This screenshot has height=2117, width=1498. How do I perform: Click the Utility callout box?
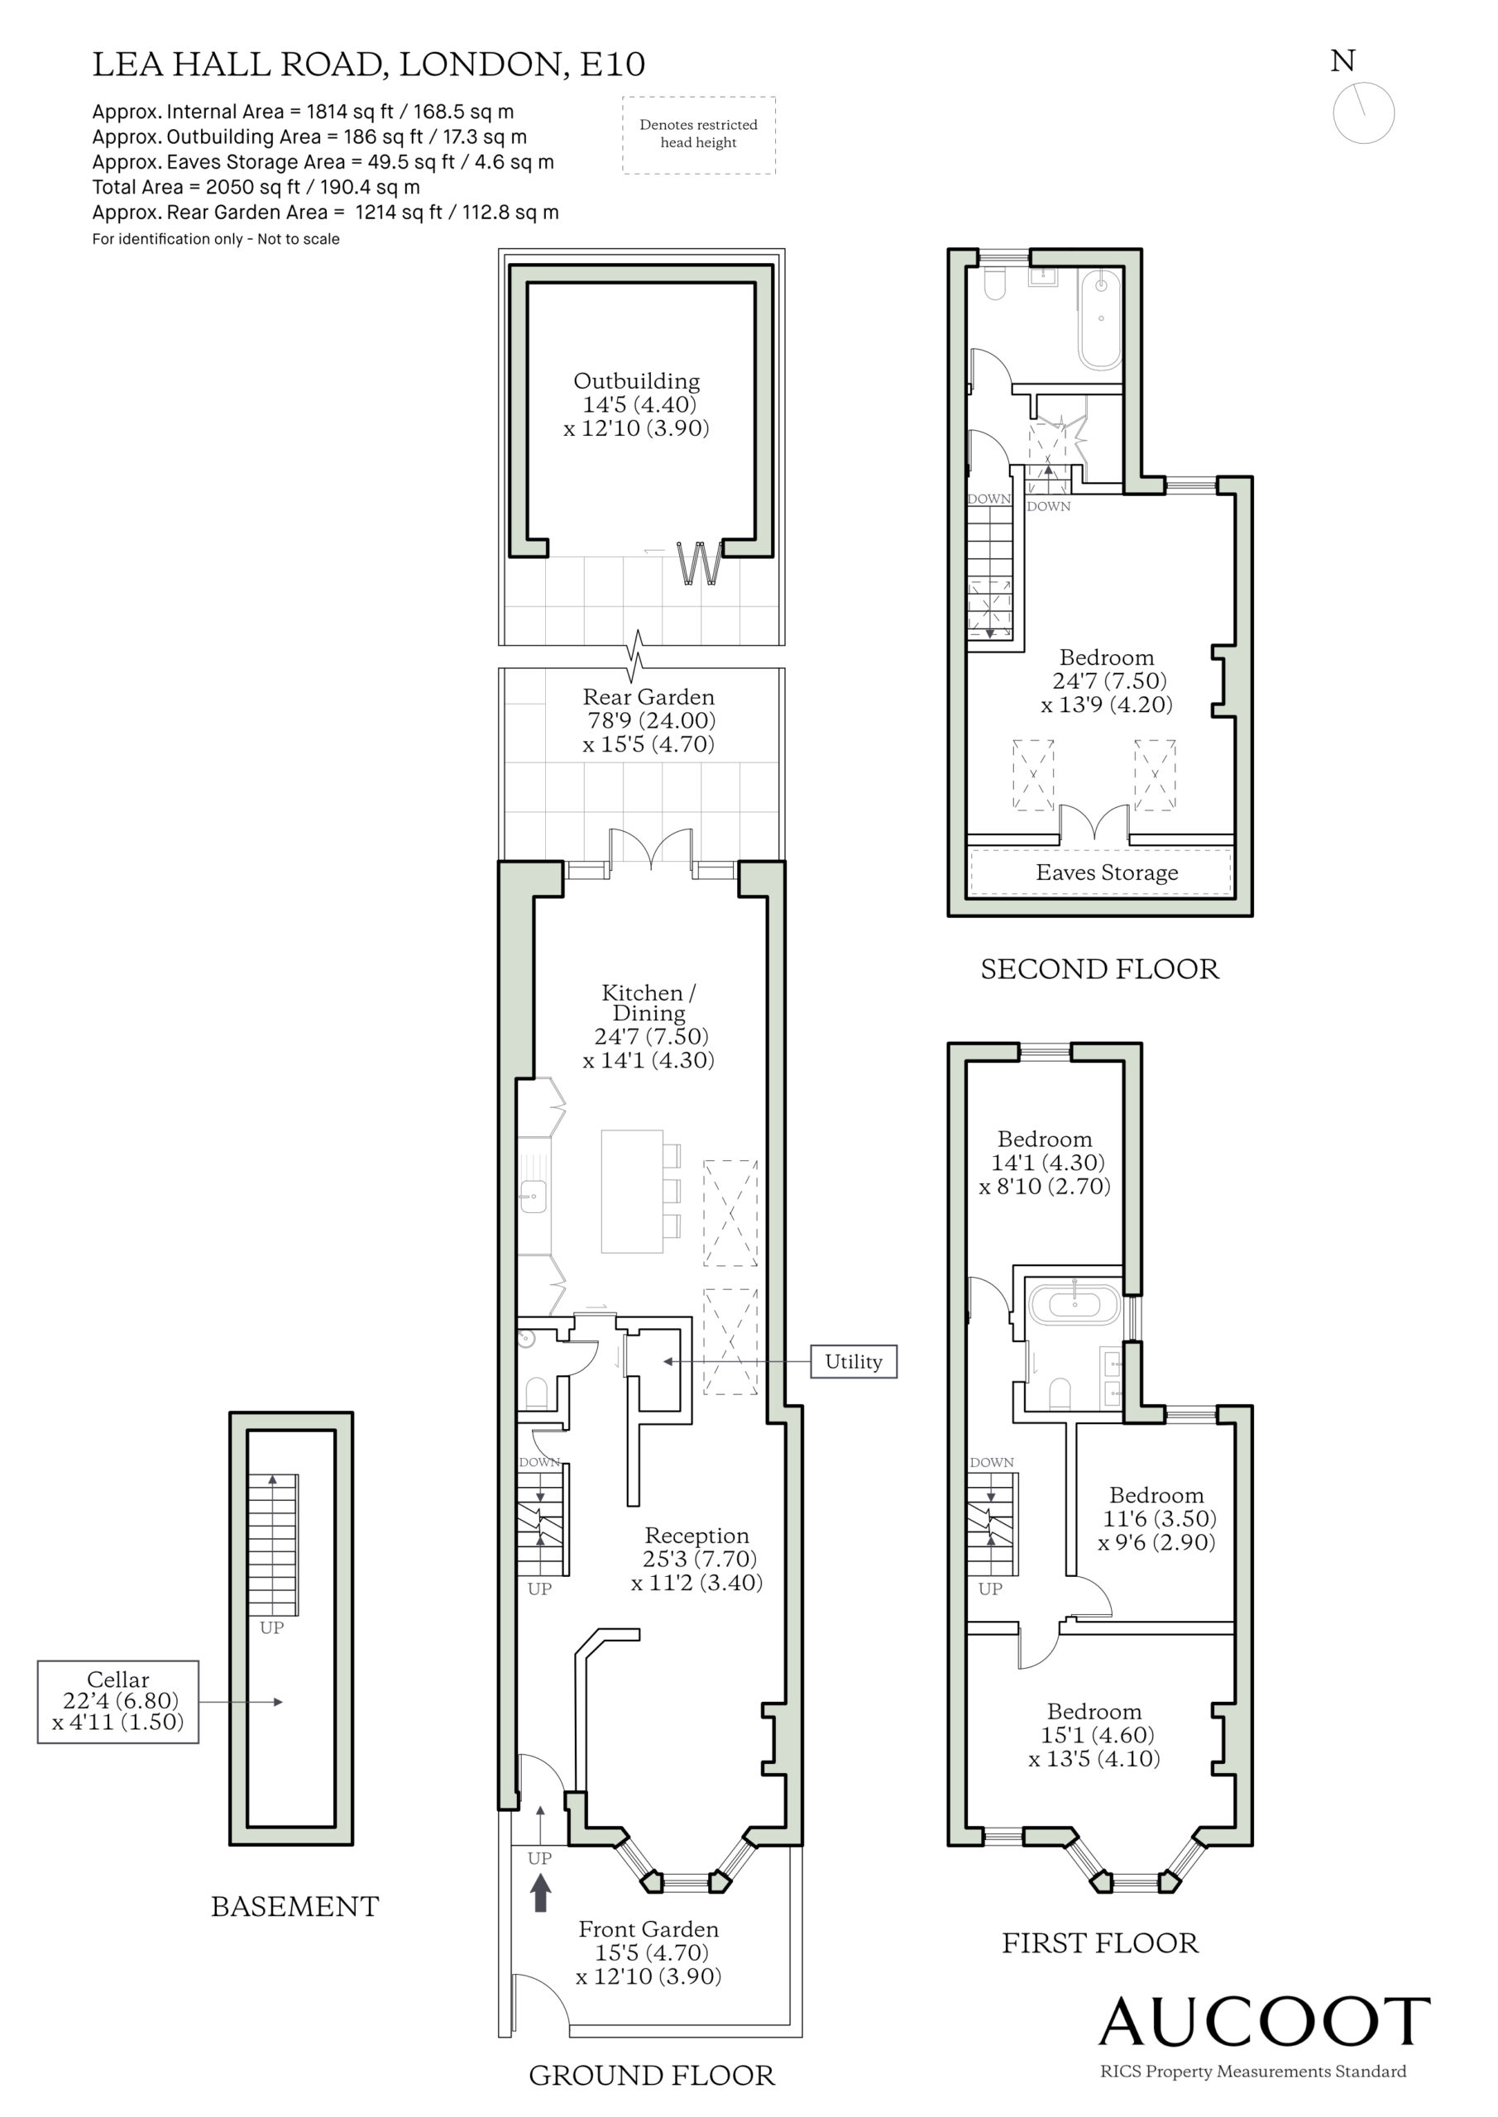pyautogui.click(x=854, y=1361)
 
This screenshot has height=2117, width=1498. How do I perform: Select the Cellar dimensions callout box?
pyautogui.click(x=118, y=1701)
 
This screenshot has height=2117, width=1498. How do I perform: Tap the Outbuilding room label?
pyautogui.click(x=636, y=380)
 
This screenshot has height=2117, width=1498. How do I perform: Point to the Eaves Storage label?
pyautogui.click(x=1107, y=872)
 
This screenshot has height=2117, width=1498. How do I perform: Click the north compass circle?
pyautogui.click(x=1363, y=112)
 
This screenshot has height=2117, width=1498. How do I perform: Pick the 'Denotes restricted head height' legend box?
pyautogui.click(x=698, y=135)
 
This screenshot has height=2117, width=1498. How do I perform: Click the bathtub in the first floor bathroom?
pyautogui.click(x=1074, y=1306)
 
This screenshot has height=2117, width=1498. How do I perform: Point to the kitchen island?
pyautogui.click(x=632, y=1192)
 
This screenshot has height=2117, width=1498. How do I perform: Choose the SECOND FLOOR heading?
pyautogui.click(x=1099, y=969)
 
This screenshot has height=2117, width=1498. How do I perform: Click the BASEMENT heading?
pyautogui.click(x=295, y=1906)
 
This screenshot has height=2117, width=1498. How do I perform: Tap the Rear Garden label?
pyautogui.click(x=648, y=697)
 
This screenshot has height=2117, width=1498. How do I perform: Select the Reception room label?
pyautogui.click(x=696, y=1535)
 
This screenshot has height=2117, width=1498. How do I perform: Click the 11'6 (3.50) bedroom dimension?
pyautogui.click(x=1160, y=1517)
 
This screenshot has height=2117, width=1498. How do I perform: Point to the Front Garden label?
pyautogui.click(x=648, y=1929)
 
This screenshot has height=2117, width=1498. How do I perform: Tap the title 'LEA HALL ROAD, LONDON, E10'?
pyautogui.click(x=369, y=65)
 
